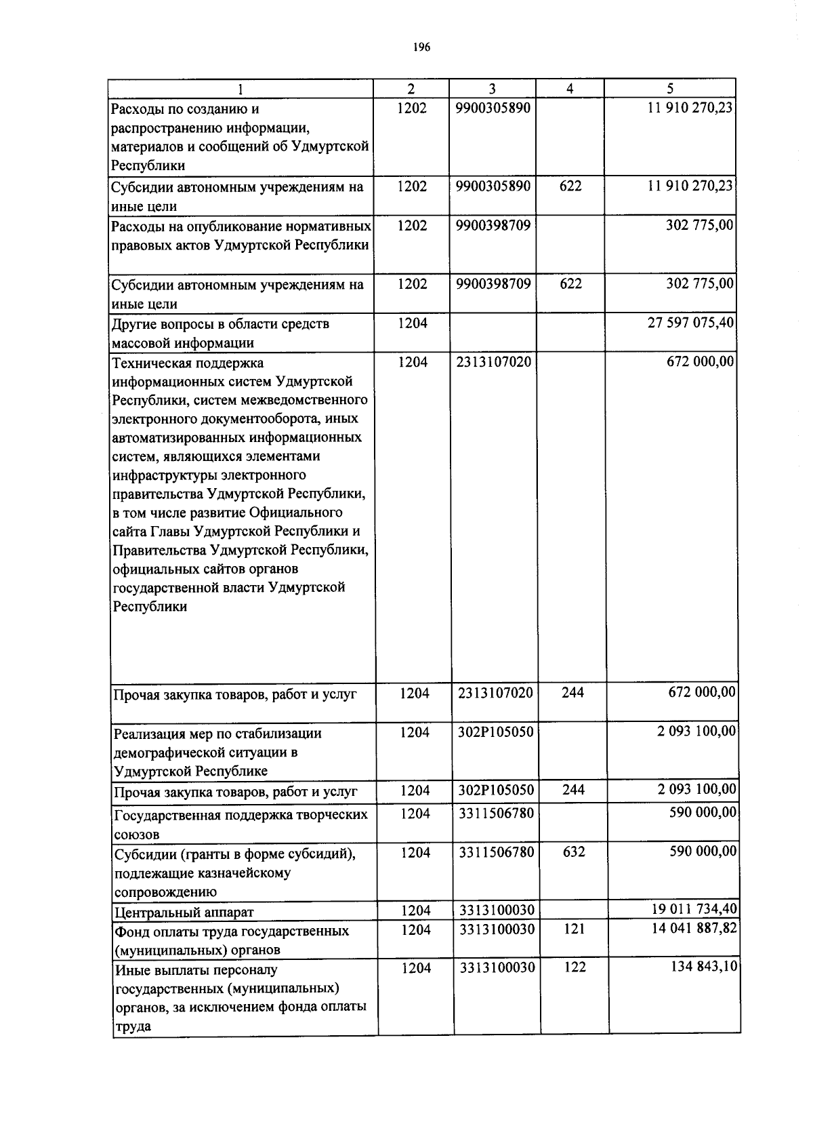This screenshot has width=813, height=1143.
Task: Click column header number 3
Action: [493, 89]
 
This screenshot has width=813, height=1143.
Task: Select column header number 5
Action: [670, 89]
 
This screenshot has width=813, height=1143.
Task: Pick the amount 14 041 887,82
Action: [694, 929]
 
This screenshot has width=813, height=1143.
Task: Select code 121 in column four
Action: [573, 929]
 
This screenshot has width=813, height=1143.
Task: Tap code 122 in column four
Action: [575, 967]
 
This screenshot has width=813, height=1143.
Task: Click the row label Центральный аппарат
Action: [184, 913]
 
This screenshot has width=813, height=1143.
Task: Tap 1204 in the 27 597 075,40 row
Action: [413, 323]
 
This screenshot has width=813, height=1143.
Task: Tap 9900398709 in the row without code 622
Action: [493, 225]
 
